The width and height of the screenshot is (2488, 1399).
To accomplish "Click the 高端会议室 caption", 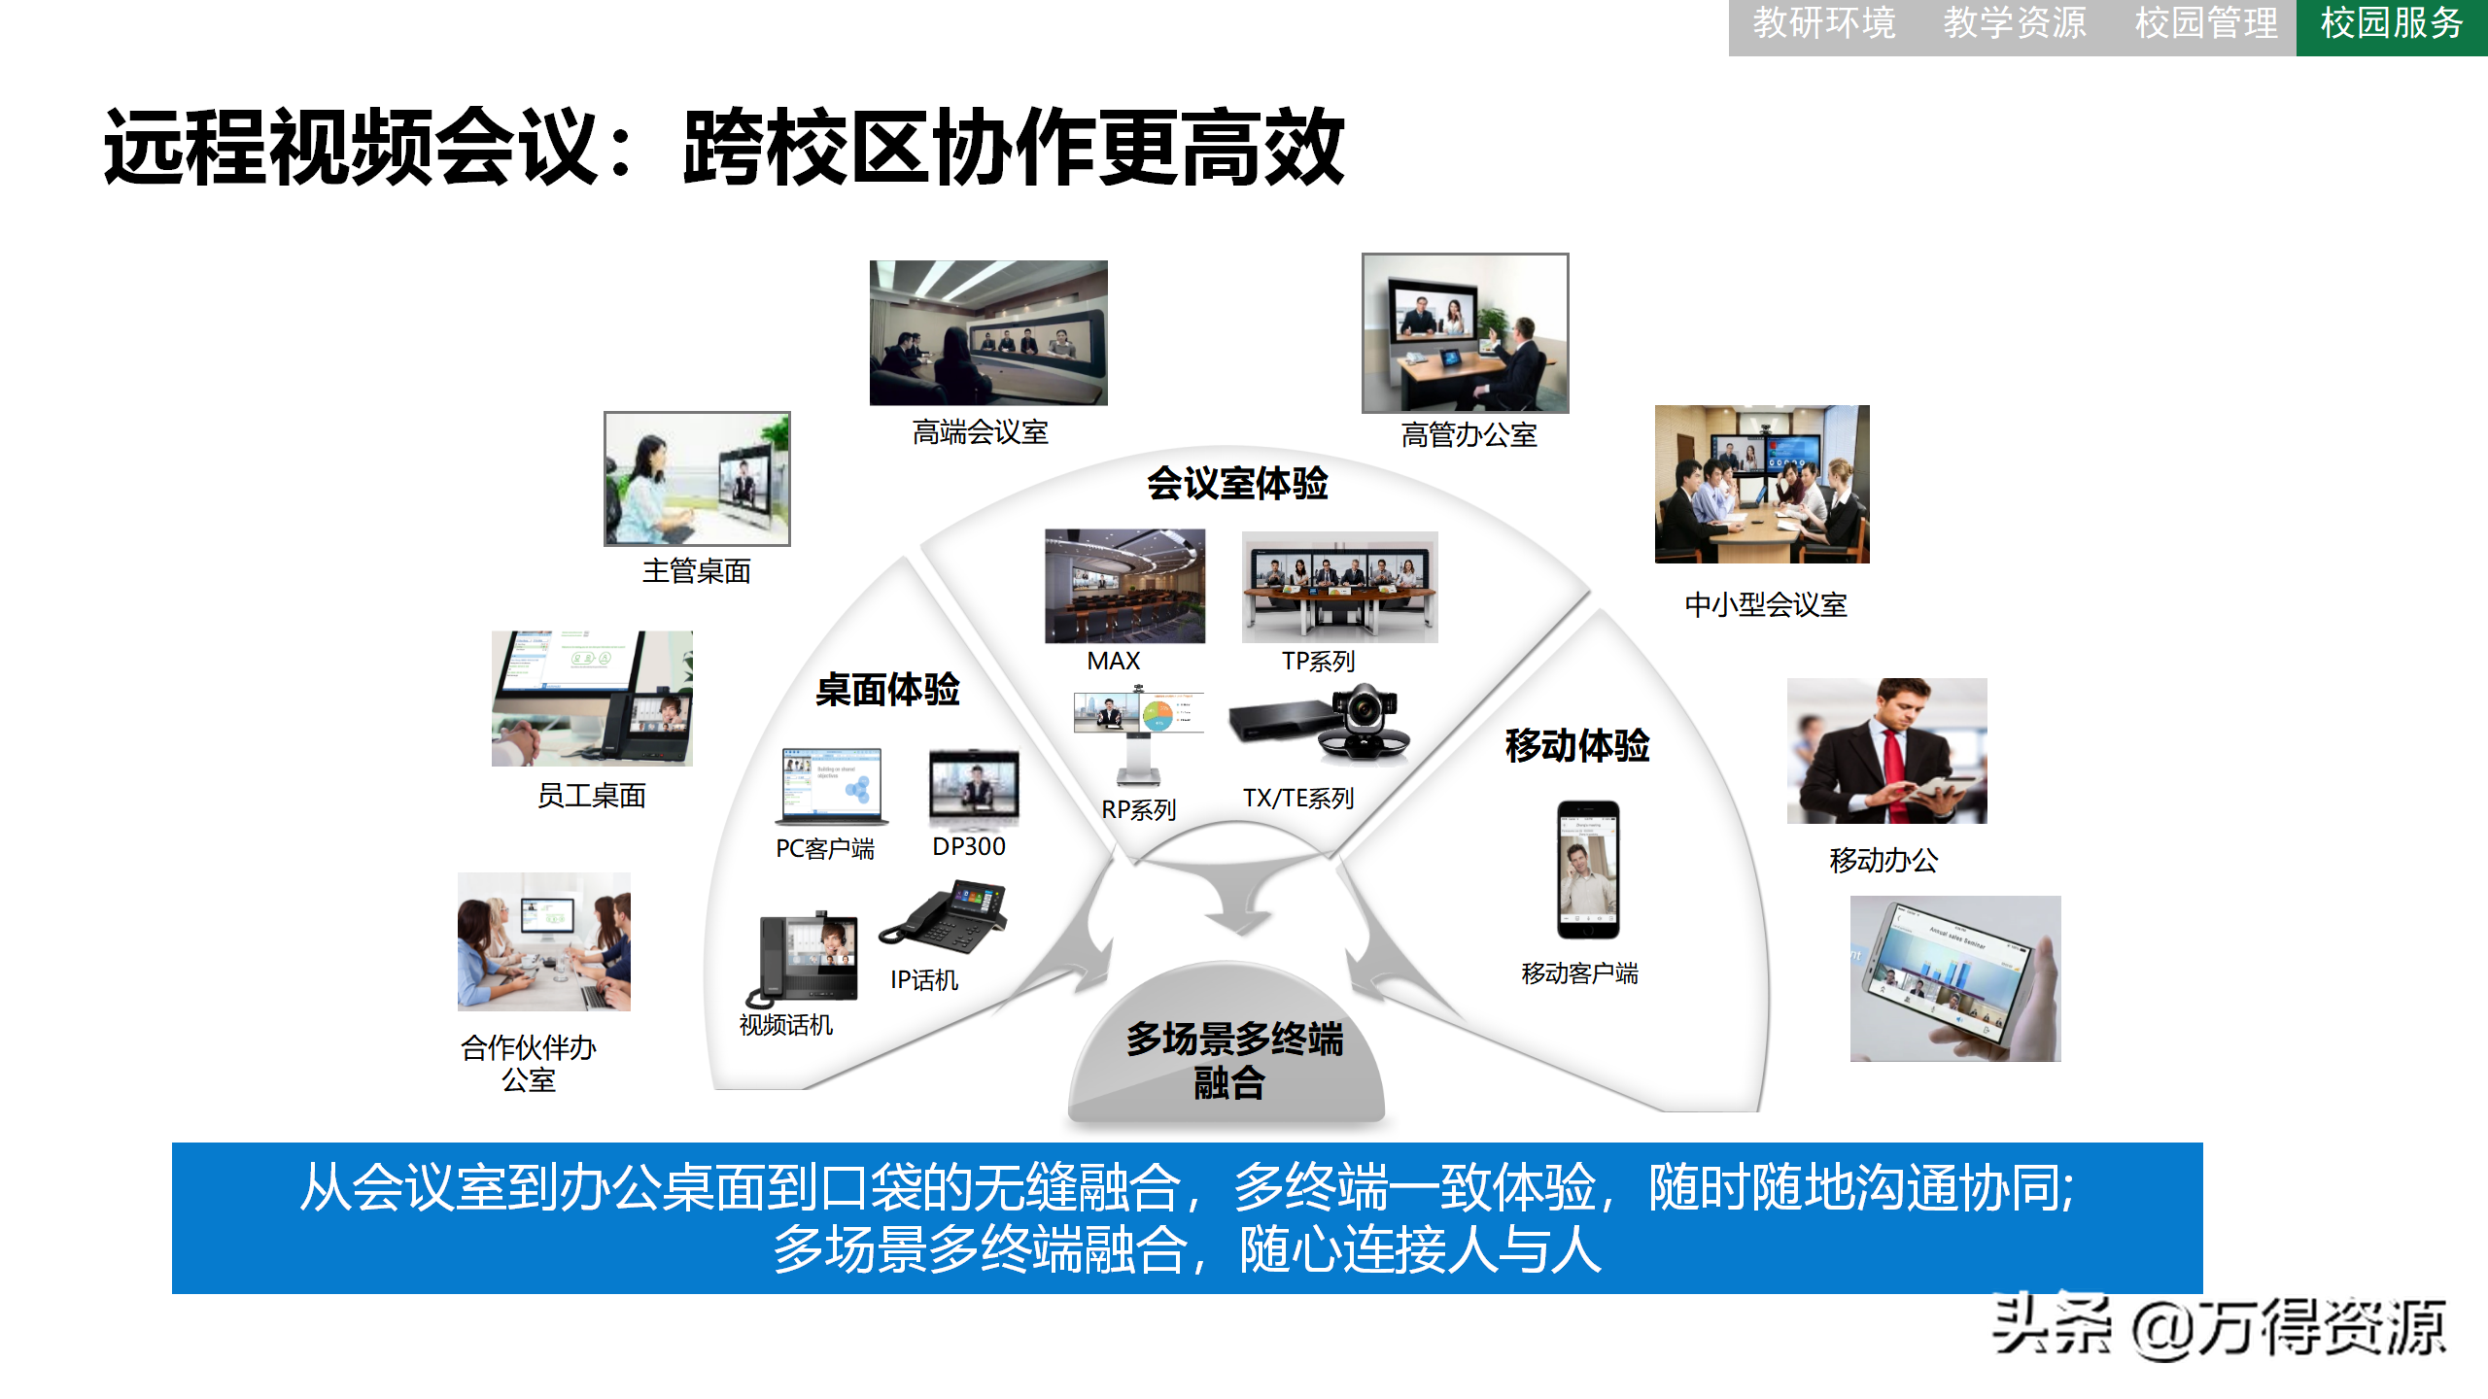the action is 980,432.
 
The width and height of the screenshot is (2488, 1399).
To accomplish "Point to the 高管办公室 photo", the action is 1465,333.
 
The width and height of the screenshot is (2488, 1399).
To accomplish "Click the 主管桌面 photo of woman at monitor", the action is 697,478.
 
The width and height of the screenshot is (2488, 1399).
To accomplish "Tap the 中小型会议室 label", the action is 1765,605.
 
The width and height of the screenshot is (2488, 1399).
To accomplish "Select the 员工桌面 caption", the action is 592,796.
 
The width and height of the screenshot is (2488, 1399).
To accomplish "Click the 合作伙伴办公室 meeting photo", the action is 544,941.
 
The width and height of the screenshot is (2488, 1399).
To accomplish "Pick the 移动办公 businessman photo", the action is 1886,751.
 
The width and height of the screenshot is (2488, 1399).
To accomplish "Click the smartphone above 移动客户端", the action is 1587,870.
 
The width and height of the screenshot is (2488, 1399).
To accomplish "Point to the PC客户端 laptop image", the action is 832,785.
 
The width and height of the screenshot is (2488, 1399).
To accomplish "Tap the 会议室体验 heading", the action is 1236,484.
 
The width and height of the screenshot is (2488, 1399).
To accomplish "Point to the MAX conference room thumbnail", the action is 1124,586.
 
